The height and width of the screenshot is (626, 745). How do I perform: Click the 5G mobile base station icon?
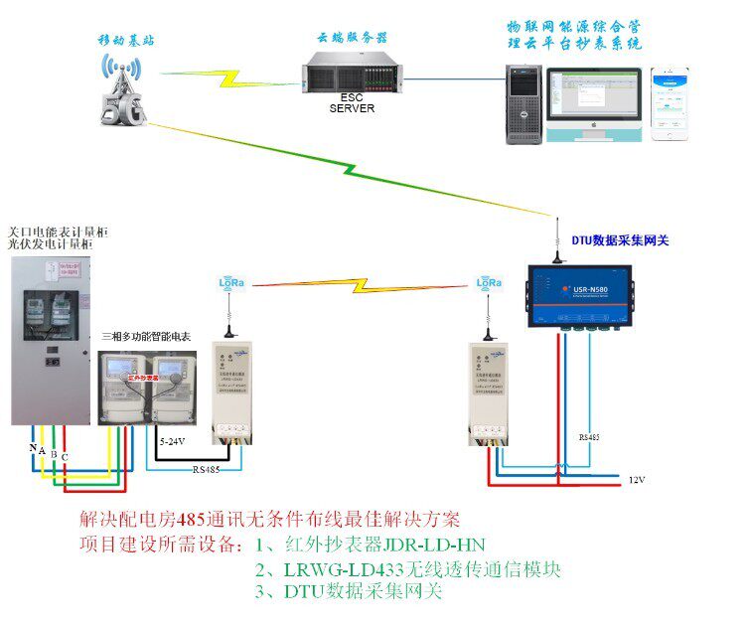tap(121, 91)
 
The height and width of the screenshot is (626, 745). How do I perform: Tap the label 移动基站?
tap(126, 41)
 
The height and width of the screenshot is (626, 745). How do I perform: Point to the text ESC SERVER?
tap(352, 102)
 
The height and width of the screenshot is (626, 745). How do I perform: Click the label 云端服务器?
tap(352, 37)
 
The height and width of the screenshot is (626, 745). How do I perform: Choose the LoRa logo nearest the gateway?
tap(488, 282)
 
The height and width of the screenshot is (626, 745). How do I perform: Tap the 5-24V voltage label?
tap(174, 438)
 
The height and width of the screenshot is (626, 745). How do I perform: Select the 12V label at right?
tap(637, 480)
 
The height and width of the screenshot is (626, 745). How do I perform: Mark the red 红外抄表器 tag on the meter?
tap(146, 378)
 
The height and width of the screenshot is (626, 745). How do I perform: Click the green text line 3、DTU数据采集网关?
tap(348, 592)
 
